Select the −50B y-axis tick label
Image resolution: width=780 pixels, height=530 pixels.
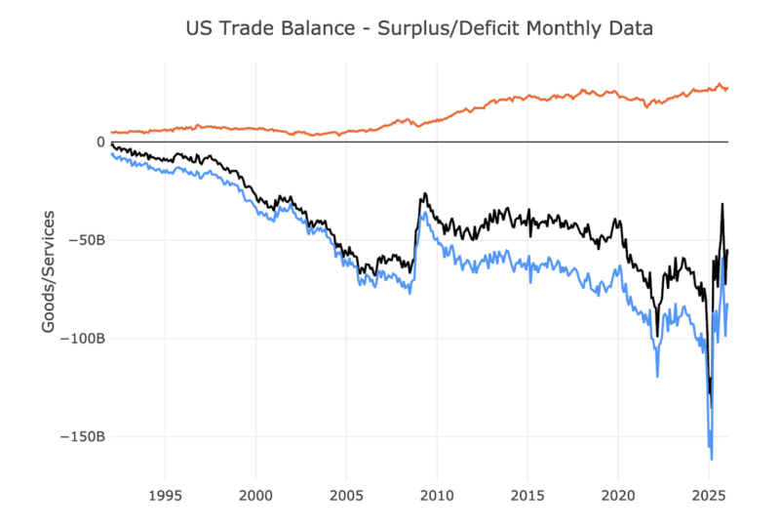pyautogui.click(x=86, y=240)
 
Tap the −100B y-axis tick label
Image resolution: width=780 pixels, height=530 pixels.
pyautogui.click(x=82, y=339)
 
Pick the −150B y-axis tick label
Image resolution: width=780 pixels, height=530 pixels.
pyautogui.click(x=82, y=436)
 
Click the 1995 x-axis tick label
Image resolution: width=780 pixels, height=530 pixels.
pyautogui.click(x=165, y=494)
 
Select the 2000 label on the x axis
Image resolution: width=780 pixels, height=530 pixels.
pyautogui.click(x=255, y=494)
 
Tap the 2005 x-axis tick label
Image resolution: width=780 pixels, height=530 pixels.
pyautogui.click(x=346, y=494)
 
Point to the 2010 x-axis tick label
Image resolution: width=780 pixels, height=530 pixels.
pyautogui.click(x=437, y=494)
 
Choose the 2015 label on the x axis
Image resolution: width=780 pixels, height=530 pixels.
pyautogui.click(x=527, y=494)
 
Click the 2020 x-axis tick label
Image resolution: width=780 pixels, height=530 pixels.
pyautogui.click(x=618, y=494)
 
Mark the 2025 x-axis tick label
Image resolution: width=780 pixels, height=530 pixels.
pyautogui.click(x=709, y=494)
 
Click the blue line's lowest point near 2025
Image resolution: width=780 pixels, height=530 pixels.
pyautogui.click(x=712, y=458)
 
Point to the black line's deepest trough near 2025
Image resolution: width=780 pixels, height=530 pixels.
pyautogui.click(x=711, y=407)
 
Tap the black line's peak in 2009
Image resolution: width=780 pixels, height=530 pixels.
pyautogui.click(x=424, y=194)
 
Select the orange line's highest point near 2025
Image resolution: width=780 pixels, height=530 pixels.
pyautogui.click(x=720, y=84)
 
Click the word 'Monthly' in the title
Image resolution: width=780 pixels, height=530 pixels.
pyautogui.click(x=564, y=28)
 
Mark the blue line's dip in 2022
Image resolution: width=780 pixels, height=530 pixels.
pyautogui.click(x=657, y=376)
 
